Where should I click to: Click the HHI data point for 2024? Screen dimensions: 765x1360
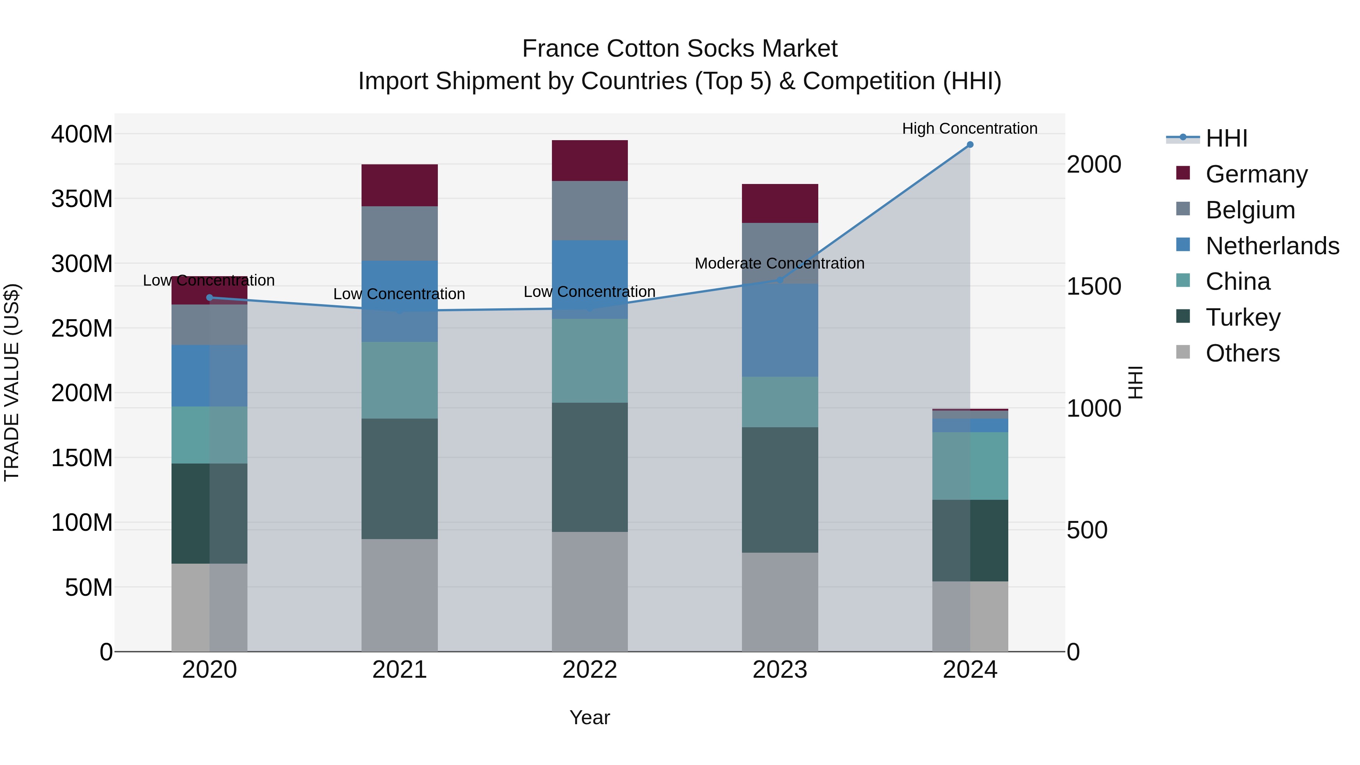coord(970,145)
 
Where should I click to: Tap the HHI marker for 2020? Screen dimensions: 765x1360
coord(210,298)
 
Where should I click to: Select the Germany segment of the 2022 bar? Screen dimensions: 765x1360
coord(590,161)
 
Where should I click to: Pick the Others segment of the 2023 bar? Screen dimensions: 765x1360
coord(780,602)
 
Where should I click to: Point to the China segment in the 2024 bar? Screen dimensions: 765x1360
coord(970,466)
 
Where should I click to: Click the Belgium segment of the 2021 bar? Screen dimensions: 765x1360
coord(400,233)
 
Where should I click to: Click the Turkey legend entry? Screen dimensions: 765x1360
coord(1243,317)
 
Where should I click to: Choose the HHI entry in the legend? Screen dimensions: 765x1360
coord(1226,138)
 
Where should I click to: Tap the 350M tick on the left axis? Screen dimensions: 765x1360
coord(82,199)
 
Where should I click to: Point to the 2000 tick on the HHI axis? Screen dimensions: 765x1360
coord(1093,165)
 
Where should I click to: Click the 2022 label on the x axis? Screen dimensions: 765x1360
coord(590,670)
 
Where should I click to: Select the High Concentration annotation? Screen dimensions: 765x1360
coord(969,128)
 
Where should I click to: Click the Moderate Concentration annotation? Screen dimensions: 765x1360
coord(779,263)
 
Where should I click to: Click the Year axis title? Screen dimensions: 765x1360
coord(590,717)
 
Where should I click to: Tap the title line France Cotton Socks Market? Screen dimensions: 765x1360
coord(680,49)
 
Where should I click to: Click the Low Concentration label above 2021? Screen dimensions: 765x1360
coord(399,294)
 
